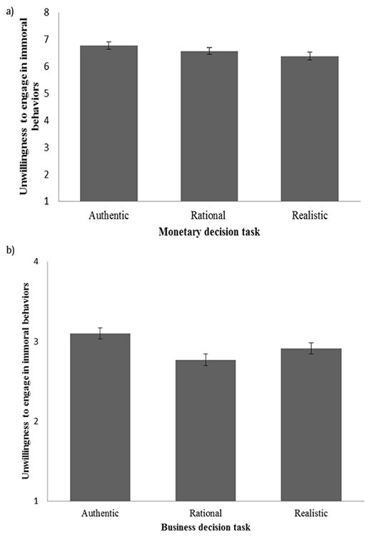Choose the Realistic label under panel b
(x=300, y=513)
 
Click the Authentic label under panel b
(x=100, y=513)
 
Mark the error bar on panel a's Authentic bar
(x=108, y=46)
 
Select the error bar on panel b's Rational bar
(x=200, y=359)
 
